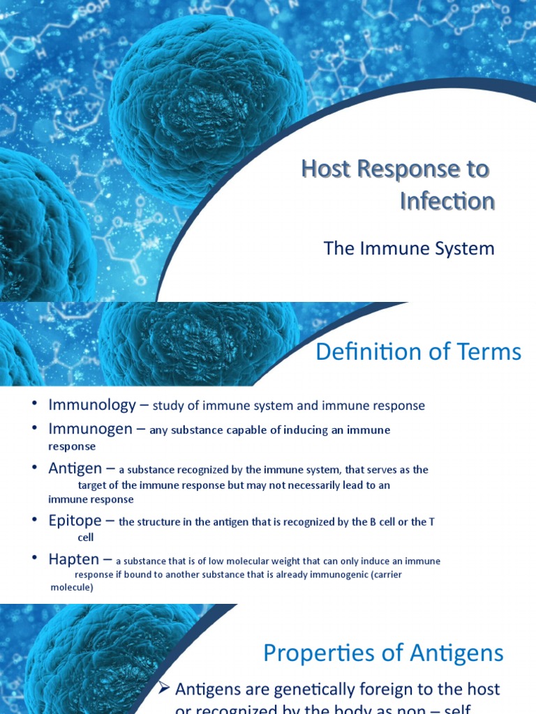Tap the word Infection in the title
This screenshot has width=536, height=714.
447,202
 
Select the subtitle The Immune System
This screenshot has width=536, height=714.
409,249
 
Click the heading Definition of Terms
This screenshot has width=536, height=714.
418,352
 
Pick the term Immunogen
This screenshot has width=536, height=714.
90,429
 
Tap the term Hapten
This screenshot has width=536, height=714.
73,559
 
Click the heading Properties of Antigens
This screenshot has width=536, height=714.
383,653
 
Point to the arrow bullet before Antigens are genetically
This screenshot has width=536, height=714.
165,689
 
